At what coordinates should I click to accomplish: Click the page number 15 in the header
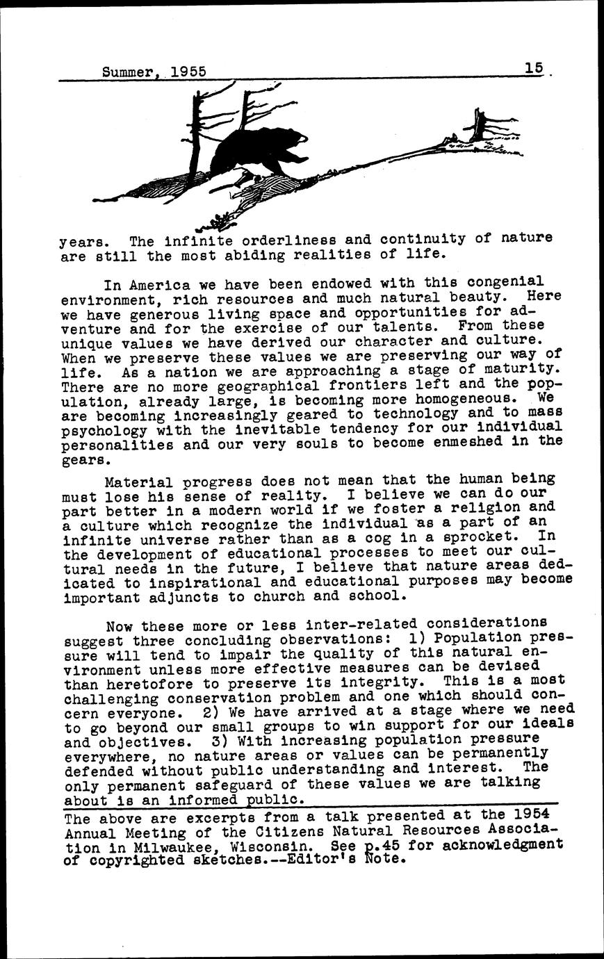(534, 68)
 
